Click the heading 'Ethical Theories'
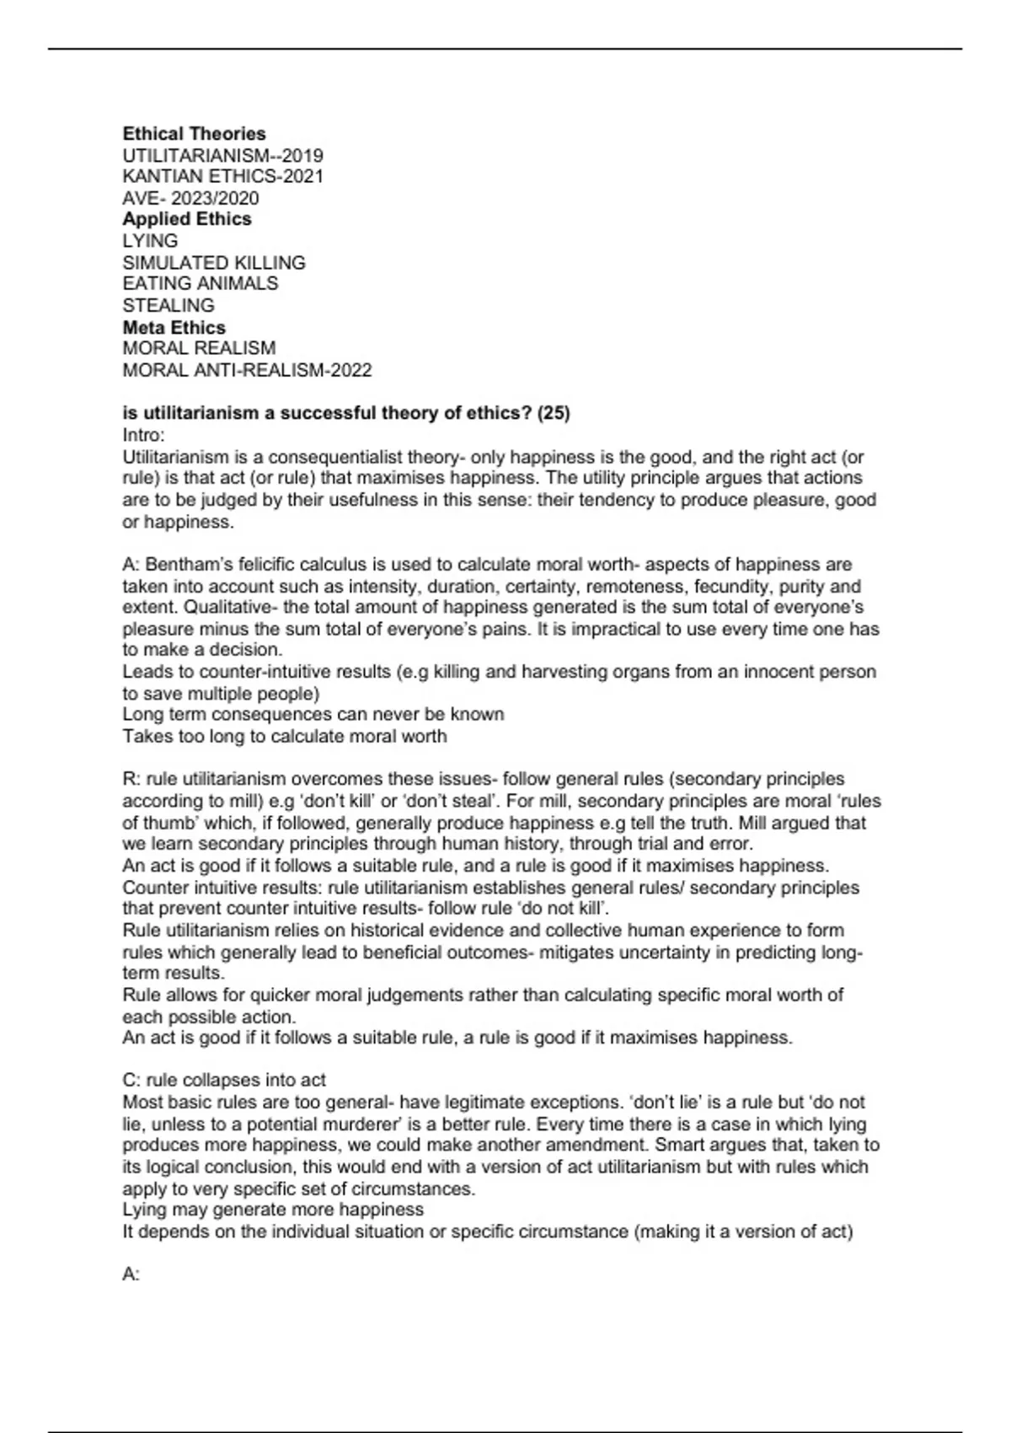point(194,134)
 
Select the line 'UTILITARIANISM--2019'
point(222,156)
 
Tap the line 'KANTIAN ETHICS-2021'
point(222,177)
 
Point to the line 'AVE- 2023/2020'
point(190,199)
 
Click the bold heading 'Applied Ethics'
point(187,219)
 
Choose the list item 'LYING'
point(150,241)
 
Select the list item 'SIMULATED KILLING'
point(214,263)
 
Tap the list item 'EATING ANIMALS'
point(201,284)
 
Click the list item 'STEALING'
point(168,305)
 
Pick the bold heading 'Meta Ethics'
point(174,327)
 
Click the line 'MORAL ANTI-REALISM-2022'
point(247,370)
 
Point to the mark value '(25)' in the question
point(554,413)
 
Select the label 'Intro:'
point(144,435)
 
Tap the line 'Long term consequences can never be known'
point(313,715)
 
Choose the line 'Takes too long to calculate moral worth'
point(285,737)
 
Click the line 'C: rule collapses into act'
point(224,1081)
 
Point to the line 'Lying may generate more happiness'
point(273,1210)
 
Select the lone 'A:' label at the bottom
point(131,1275)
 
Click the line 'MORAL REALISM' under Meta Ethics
point(199,348)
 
